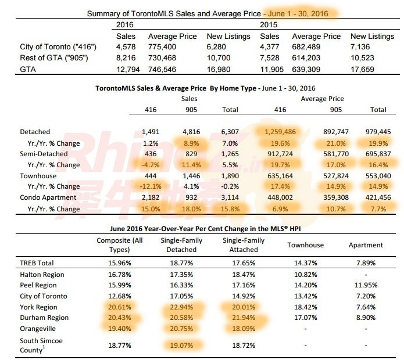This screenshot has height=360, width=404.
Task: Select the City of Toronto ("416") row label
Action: (50, 47)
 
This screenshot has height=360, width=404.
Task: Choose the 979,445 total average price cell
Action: (381, 132)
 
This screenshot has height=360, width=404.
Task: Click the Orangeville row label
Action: (40, 329)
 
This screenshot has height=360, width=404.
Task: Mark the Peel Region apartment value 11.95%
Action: (364, 286)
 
